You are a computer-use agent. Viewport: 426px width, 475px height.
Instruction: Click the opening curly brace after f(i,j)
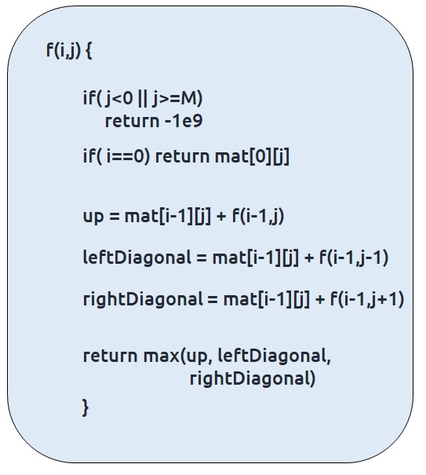[89, 51]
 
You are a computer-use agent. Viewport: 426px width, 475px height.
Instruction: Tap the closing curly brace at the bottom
[86, 407]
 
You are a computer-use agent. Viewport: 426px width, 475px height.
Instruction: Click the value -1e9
[184, 121]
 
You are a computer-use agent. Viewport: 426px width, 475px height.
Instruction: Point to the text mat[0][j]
[252, 157]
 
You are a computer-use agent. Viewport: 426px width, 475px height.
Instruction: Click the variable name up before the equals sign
[93, 217]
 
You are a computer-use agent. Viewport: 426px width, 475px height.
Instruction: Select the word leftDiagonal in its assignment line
[137, 258]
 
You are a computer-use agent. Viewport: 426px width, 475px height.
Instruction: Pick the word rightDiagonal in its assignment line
[143, 299]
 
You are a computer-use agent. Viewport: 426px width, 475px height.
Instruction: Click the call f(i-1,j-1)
[354, 258]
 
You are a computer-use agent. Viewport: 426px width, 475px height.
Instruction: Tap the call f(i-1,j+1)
[367, 299]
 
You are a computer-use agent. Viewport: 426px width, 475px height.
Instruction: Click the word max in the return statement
[162, 356]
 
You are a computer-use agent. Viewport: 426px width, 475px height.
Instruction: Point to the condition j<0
[119, 99]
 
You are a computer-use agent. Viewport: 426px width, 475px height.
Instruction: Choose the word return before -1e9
[132, 121]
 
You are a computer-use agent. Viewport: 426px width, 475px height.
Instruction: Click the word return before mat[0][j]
[182, 157]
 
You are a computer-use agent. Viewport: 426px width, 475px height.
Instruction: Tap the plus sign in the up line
[221, 217]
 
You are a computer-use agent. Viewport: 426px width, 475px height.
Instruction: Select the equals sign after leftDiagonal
[202, 258]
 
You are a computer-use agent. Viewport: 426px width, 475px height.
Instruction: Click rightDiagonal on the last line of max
[253, 379]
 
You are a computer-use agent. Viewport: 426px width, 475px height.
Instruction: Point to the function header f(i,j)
[64, 51]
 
